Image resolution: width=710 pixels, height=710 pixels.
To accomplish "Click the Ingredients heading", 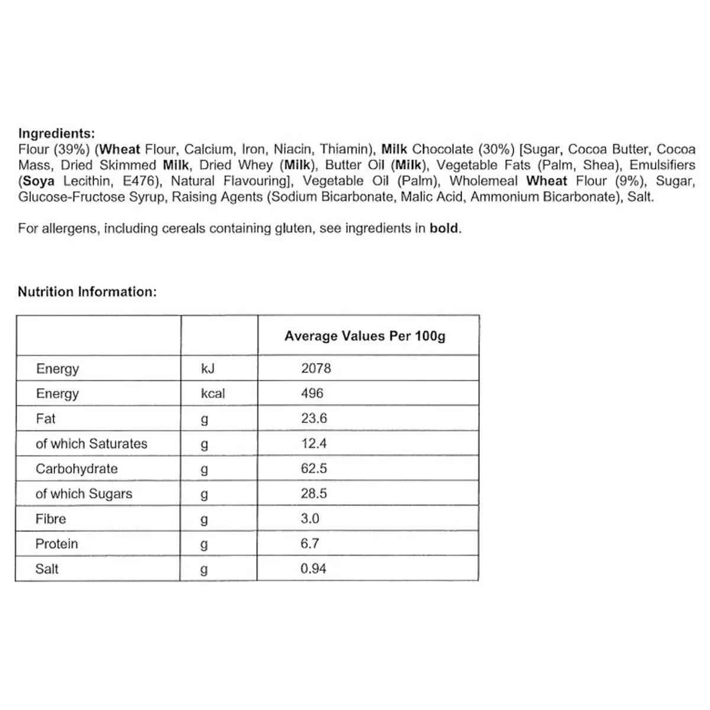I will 56,134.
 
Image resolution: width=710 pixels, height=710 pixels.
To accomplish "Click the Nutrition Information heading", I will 87,292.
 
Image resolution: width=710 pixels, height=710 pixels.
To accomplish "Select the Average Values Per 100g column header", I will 364,336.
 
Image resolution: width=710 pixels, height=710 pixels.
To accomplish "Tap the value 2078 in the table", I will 316,368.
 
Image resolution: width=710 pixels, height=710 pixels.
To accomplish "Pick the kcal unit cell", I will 213,393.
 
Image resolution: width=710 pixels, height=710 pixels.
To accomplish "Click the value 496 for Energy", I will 312,393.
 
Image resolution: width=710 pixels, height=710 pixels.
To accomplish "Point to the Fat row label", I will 46,419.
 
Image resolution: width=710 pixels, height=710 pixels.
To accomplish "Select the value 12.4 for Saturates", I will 314,444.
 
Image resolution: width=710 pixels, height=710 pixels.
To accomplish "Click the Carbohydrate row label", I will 76,469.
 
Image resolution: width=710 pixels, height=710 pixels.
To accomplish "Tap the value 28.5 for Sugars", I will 314,494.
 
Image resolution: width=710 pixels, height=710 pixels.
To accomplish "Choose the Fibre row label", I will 51,519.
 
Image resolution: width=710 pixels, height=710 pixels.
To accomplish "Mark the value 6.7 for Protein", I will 309,544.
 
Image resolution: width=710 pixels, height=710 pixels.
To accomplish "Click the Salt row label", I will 47,569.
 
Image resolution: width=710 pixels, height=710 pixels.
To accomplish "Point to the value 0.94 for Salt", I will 314,569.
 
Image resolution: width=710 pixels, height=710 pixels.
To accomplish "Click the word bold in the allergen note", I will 444,228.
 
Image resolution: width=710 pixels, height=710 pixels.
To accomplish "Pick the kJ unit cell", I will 208,369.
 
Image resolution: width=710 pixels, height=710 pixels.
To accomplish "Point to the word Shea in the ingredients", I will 599,166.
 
